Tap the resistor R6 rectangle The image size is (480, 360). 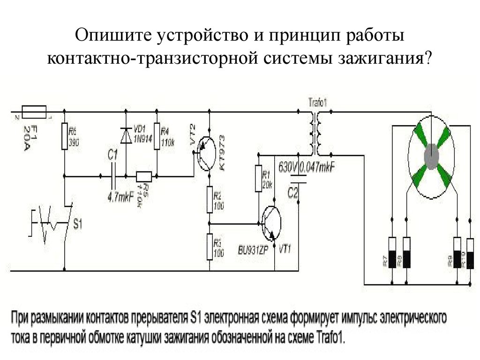tap(64, 137)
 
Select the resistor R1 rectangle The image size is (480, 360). tap(257, 179)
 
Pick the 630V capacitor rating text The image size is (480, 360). tap(288, 166)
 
